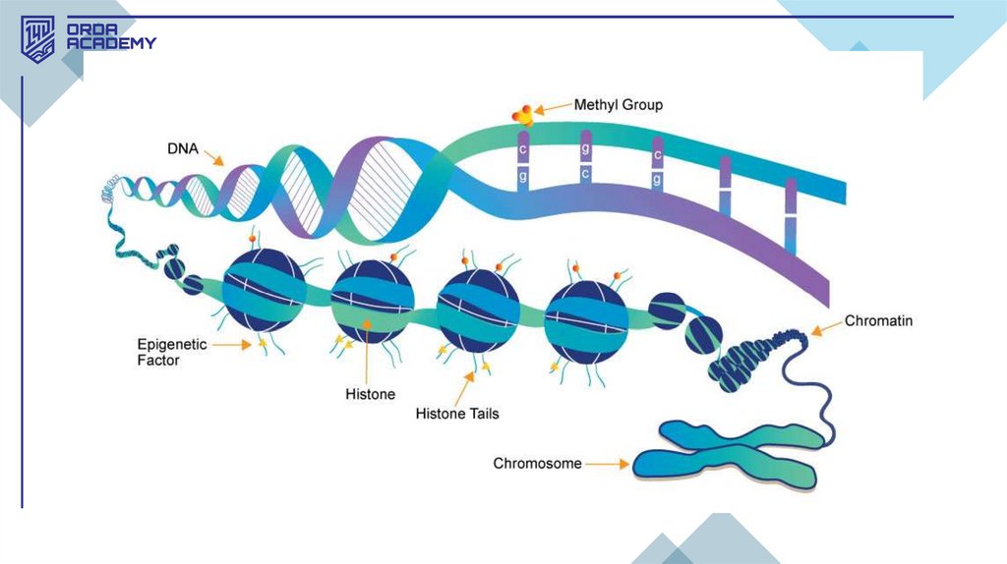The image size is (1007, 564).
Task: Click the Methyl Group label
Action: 619,104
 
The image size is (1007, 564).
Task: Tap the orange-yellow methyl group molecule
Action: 523,114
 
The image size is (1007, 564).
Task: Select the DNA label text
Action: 183,149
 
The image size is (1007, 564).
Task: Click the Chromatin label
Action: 879,321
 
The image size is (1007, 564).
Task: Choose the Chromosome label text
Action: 538,463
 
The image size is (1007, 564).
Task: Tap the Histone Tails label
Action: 457,414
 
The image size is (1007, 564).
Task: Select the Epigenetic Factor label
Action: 172,353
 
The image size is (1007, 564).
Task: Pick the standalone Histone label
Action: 370,394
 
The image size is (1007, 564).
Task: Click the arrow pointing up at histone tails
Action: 468,380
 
